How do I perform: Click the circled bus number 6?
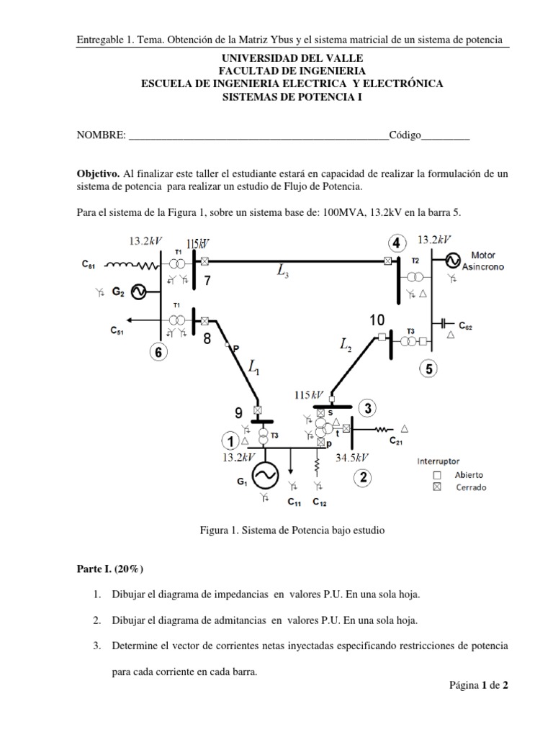158,352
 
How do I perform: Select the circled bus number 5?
429,369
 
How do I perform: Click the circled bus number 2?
364,476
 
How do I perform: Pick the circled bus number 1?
230,440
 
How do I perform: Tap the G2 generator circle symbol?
138,292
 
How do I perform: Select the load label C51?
117,331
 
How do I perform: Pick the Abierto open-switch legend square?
437,475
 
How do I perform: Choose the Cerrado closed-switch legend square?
437,487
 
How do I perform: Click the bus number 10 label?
377,320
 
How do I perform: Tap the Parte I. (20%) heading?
110,569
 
